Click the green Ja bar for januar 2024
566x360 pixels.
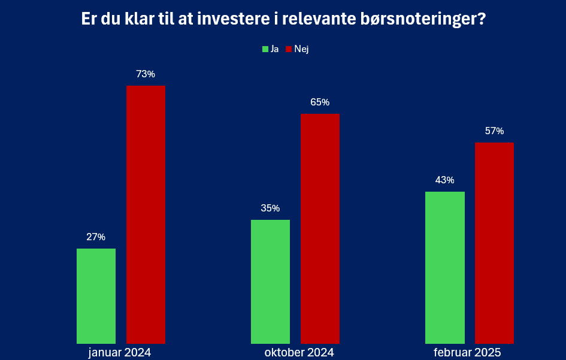pyautogui.click(x=96, y=296)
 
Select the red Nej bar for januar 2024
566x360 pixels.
pyautogui.click(x=146, y=214)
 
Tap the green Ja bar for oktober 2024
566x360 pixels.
pyautogui.click(x=270, y=282)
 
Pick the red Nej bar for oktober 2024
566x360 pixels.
pyautogui.click(x=320, y=229)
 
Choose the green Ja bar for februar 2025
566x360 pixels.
pyautogui.click(x=445, y=268)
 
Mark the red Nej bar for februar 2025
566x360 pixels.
pyautogui.click(x=495, y=243)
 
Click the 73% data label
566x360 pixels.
pyautogui.click(x=146, y=74)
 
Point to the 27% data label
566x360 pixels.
pyautogui.click(x=96, y=237)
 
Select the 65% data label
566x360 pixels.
pyautogui.click(x=320, y=102)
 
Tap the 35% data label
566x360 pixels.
pyautogui.click(x=270, y=208)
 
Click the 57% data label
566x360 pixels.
pyautogui.click(x=495, y=131)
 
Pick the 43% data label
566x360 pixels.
pyautogui.click(x=444, y=180)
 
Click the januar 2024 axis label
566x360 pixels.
pyautogui.click(x=120, y=352)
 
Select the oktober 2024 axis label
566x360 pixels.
pyautogui.click(x=299, y=352)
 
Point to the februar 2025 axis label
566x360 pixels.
pyautogui.click(x=467, y=352)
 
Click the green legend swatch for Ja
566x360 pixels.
pyautogui.click(x=265, y=49)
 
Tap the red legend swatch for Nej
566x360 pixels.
pyautogui.click(x=289, y=49)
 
